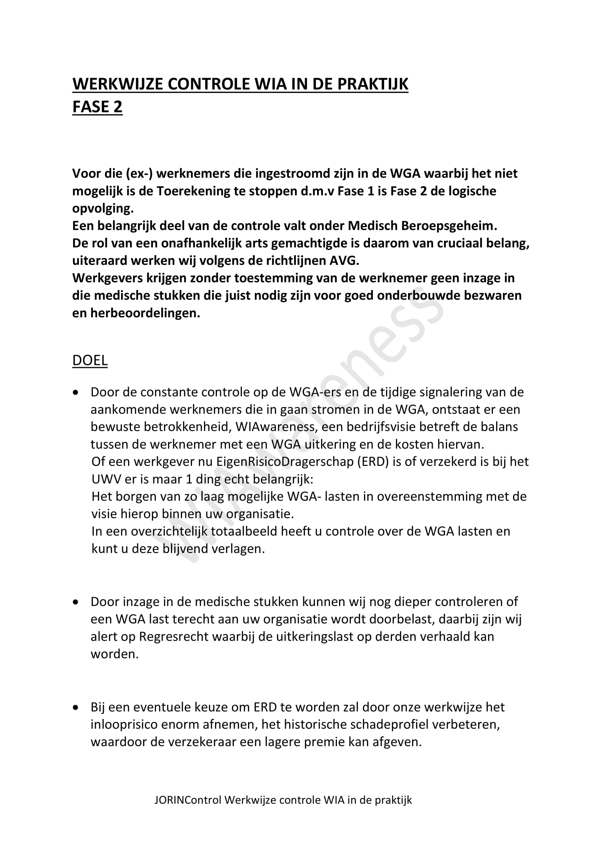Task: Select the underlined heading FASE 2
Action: click(x=97, y=107)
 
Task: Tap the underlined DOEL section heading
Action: click(x=90, y=360)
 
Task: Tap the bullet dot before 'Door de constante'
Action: click(x=76, y=393)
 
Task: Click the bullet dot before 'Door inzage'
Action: click(x=76, y=602)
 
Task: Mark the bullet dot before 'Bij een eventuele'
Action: click(x=76, y=707)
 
